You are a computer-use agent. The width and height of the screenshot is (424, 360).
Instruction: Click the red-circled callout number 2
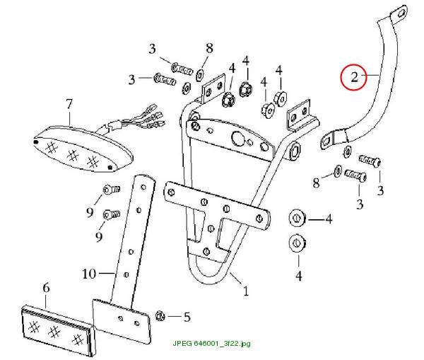coord(354,77)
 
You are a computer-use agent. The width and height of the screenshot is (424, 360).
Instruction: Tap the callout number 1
coord(246,291)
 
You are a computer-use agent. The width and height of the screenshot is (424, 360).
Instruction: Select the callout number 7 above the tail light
coord(69,104)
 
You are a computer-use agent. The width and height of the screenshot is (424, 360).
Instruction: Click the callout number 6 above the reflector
coord(46,288)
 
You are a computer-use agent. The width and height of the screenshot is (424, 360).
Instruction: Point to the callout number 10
coord(89,274)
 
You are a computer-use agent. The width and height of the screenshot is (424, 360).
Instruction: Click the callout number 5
coord(187,317)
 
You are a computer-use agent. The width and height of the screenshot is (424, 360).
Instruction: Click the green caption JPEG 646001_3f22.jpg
coord(211,344)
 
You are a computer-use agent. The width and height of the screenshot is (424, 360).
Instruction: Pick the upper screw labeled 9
coord(112,189)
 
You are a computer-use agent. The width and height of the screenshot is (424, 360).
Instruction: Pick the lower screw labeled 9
coord(112,215)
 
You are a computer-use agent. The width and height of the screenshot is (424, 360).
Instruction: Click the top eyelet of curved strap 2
coord(399,14)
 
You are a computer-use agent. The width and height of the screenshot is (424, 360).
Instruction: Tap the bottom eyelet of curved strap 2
coord(327,140)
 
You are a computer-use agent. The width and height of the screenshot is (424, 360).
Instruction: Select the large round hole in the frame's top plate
coord(237,138)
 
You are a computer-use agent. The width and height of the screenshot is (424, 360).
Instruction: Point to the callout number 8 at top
coord(210,49)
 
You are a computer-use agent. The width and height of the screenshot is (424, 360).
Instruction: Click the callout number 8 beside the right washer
coord(316,183)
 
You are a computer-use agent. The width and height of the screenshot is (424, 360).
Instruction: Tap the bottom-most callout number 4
coord(299,276)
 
